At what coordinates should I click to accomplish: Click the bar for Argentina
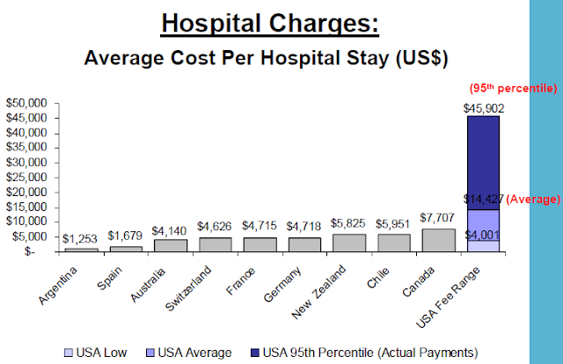pyautogui.click(x=80, y=249)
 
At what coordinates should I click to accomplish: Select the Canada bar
pyautogui.click(x=437, y=240)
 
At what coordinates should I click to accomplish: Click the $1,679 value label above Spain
pyautogui.click(x=125, y=236)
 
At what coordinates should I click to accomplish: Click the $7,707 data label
pyautogui.click(x=437, y=217)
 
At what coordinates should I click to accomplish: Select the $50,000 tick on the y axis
pyautogui.click(x=26, y=104)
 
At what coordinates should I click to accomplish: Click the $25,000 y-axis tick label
pyautogui.click(x=26, y=178)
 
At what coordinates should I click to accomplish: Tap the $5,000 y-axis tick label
pyautogui.click(x=29, y=237)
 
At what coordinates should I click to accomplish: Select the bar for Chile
pyautogui.click(x=393, y=243)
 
